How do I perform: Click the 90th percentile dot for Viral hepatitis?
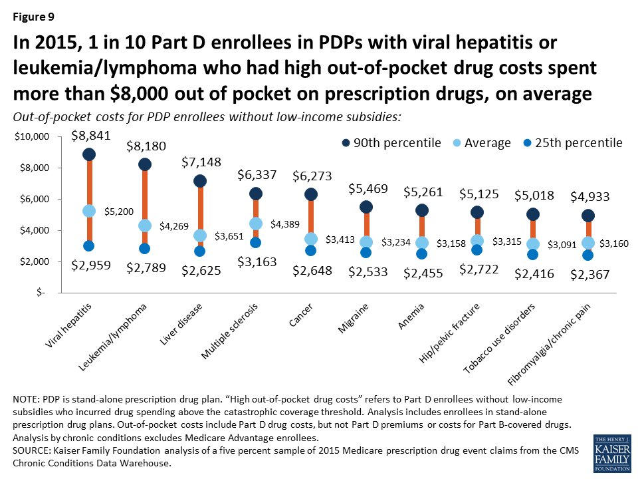click(x=89, y=154)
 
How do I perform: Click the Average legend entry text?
click(x=488, y=143)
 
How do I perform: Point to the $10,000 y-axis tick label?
click(x=32, y=137)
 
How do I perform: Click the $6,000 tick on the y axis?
click(x=35, y=199)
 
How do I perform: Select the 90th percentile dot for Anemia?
click(x=421, y=210)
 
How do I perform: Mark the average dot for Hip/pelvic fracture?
click(x=477, y=240)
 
